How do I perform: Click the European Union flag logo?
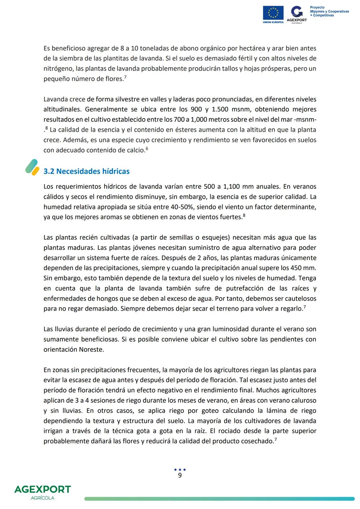[273, 13]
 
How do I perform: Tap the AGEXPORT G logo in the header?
[297, 14]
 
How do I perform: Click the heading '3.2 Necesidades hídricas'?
[86, 171]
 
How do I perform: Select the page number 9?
[180, 475]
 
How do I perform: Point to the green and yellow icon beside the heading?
[32, 167]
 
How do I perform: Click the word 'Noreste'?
[91, 350]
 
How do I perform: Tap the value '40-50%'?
[182, 207]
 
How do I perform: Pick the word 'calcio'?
[134, 150]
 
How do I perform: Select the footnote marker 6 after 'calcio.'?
[147, 149]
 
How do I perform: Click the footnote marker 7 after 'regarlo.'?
[305, 307]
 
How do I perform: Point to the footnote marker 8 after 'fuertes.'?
[244, 215]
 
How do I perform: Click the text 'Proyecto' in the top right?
[317, 7]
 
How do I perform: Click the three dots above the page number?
[180, 470]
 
